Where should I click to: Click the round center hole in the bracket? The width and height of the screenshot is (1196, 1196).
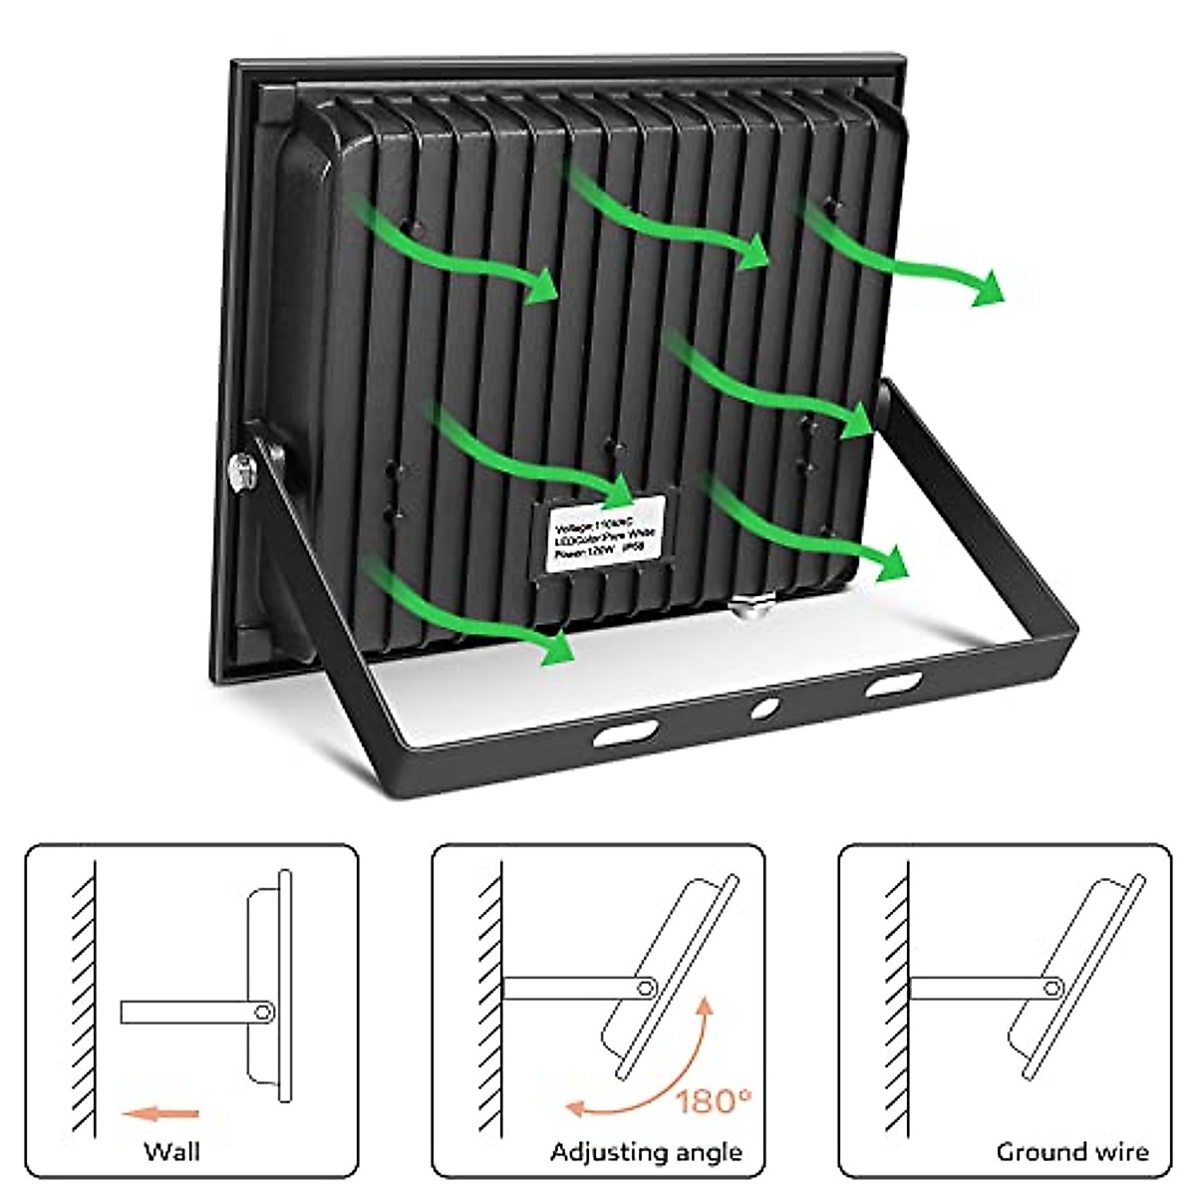coord(765,709)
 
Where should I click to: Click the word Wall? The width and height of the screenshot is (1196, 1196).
coord(171,1152)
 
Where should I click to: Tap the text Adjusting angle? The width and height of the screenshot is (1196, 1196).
coord(646,1153)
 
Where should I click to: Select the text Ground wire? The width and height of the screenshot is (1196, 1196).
coord(1071,1153)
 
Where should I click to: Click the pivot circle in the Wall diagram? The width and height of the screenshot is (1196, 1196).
coord(263,1012)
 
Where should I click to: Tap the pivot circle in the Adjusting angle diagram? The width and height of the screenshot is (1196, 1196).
coord(647,987)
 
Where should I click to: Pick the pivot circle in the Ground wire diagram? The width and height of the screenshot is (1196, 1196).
coord(1052,988)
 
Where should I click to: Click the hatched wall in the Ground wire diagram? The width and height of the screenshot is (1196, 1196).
coord(896,997)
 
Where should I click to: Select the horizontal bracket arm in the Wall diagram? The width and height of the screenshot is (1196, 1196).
coord(189,1012)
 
